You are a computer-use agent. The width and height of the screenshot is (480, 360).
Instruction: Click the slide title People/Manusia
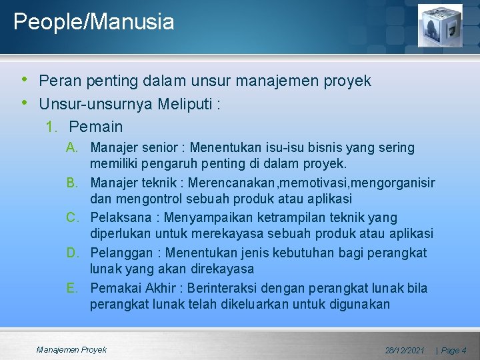click(93, 22)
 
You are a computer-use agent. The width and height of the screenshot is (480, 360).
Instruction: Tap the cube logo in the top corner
click(439, 25)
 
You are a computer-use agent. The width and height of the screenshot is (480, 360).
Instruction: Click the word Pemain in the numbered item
click(96, 126)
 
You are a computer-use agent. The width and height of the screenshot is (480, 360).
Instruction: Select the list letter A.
click(73, 147)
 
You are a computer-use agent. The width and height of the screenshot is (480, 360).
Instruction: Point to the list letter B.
click(73, 183)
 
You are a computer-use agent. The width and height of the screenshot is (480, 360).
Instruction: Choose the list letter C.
click(73, 218)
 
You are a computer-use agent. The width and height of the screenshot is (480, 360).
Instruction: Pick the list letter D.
click(73, 253)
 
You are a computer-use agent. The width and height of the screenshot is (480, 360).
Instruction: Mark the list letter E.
click(73, 289)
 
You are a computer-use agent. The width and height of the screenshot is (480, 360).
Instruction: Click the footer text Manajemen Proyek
click(71, 349)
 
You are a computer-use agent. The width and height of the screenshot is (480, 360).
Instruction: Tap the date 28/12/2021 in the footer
click(405, 350)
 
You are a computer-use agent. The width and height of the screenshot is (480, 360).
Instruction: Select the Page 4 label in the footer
click(453, 350)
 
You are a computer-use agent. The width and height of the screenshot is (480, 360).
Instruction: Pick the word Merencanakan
click(234, 183)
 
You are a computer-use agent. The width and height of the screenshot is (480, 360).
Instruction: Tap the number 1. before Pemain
click(51, 126)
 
